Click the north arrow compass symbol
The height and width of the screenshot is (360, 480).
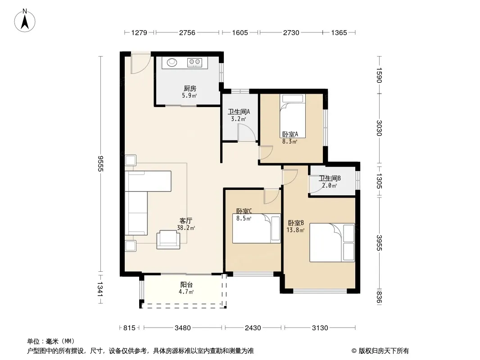(x=25, y=20)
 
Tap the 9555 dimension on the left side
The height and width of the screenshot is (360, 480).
(x=101, y=164)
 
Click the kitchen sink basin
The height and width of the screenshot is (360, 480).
(x=172, y=63)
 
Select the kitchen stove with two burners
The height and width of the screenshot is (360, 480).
(x=195, y=63)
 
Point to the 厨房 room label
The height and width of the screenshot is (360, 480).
(x=190, y=88)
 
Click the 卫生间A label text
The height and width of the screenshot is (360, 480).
(x=239, y=112)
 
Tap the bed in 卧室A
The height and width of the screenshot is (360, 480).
(x=293, y=116)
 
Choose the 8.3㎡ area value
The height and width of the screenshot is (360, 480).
(x=289, y=141)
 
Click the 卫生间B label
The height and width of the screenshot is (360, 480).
(x=330, y=178)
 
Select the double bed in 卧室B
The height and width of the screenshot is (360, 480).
(x=332, y=243)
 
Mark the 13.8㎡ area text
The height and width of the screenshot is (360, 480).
(x=295, y=230)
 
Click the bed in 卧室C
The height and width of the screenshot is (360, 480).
(x=257, y=229)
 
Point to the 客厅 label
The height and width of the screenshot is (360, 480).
(x=186, y=220)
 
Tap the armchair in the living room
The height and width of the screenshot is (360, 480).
(x=168, y=239)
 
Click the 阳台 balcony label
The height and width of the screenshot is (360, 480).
(x=186, y=284)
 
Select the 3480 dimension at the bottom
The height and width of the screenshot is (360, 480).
(x=182, y=328)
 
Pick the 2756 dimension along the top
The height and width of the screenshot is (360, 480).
(x=187, y=32)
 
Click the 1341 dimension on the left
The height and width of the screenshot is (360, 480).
(x=101, y=288)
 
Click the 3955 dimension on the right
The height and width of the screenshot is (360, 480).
(x=380, y=243)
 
